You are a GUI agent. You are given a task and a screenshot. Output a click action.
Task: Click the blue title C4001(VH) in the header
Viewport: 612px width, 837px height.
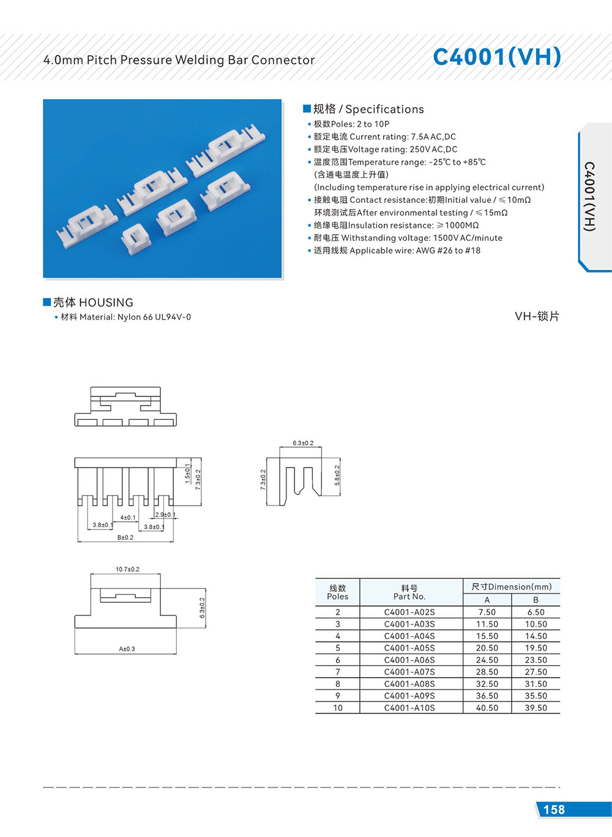tap(497, 57)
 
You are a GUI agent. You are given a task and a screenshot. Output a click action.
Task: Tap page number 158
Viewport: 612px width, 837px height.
tap(554, 809)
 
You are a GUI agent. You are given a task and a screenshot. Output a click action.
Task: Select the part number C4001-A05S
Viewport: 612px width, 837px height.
tap(409, 648)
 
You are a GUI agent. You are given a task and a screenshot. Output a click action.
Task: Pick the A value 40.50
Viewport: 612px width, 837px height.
tap(487, 708)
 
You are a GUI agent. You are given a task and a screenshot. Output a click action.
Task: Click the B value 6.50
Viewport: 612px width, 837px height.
tap(536, 612)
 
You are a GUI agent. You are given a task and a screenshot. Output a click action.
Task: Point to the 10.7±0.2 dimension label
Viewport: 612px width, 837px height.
tap(127, 569)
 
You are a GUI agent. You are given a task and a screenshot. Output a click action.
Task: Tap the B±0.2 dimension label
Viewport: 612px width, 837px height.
tap(125, 537)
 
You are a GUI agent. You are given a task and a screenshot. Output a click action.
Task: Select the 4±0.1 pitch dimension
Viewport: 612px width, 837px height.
tap(128, 518)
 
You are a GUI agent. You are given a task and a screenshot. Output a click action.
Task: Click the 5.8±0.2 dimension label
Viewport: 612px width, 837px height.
tap(337, 475)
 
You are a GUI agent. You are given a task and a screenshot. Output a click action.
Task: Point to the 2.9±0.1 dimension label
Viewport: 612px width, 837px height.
tap(165, 515)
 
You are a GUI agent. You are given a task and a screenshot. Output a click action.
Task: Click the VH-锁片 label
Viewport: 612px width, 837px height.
tap(537, 317)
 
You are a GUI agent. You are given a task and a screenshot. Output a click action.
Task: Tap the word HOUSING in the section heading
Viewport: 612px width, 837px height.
tap(106, 302)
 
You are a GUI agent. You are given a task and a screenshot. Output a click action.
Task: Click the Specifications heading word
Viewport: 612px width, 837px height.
tap(385, 109)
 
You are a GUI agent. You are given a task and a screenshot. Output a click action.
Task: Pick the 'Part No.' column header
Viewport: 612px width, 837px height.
tap(409, 596)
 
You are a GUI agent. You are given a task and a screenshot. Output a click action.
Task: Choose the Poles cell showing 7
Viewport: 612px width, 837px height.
tap(338, 672)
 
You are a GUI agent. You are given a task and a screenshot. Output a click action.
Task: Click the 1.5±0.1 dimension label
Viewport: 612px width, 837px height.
tap(187, 474)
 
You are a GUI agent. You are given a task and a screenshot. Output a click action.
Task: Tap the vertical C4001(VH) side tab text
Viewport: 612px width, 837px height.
tap(589, 197)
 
